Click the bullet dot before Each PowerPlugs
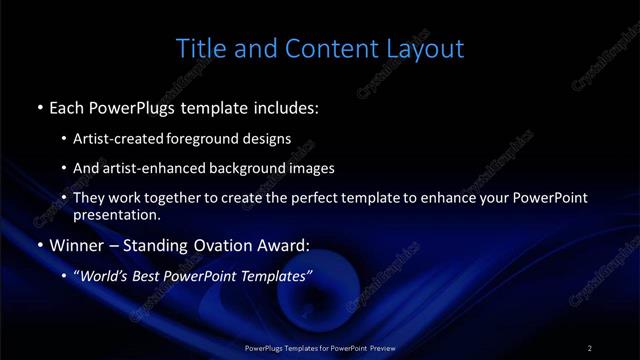click(x=38, y=106)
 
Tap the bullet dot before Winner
click(x=38, y=244)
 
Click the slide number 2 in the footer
click(x=590, y=347)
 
